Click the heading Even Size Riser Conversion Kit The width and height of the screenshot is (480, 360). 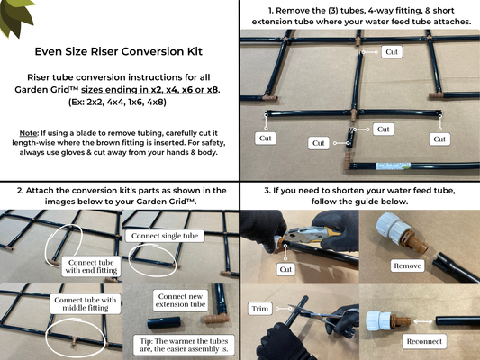[x=119, y=51]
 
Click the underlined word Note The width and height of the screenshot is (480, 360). [x=28, y=133]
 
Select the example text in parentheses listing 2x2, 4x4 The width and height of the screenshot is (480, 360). [x=118, y=102]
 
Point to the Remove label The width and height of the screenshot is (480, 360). [x=407, y=265]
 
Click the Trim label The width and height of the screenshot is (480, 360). [x=259, y=309]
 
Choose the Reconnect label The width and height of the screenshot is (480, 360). [x=424, y=341]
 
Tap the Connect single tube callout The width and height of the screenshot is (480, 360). [x=165, y=236]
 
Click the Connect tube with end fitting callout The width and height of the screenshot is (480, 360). [x=91, y=266]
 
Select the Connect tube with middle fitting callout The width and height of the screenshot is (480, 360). [x=86, y=303]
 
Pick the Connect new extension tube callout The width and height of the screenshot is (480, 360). [x=180, y=300]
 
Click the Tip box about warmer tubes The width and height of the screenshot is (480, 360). [x=184, y=345]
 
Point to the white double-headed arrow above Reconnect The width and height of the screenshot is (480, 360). [x=423, y=321]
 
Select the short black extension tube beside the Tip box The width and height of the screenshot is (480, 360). [x=164, y=323]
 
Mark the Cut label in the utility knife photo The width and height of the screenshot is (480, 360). [x=285, y=269]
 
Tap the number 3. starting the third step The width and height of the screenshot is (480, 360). [x=267, y=191]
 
